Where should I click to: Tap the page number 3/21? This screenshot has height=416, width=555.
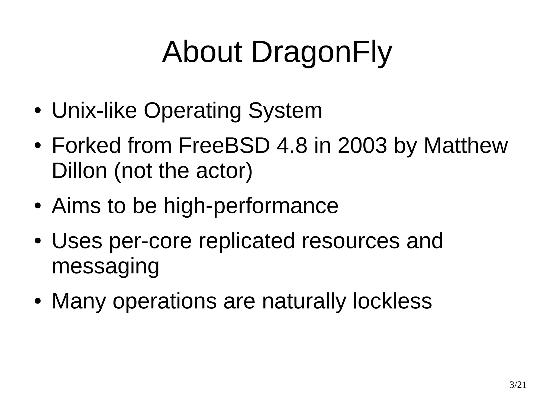pos(518,385)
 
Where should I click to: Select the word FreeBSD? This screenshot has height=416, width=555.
pos(224,146)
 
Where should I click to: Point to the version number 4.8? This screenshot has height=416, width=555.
pos(292,146)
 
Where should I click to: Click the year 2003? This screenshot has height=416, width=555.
pos(362,146)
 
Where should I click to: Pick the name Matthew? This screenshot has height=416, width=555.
pos(465,146)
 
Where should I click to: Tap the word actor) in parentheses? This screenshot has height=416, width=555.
pos(224,171)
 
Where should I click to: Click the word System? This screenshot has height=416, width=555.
pos(285,111)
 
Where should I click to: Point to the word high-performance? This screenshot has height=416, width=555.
pos(251,206)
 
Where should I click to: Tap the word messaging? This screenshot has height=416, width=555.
pos(105,267)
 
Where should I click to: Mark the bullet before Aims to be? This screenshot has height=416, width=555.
pos(38,206)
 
